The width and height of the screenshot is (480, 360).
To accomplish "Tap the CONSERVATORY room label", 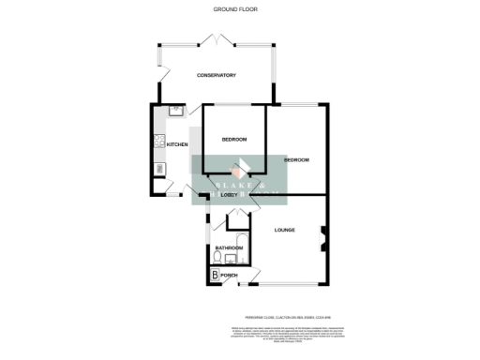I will coord(216,75).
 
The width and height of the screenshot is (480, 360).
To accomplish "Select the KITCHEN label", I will coord(178,144).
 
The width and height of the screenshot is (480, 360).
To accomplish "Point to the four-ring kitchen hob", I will coord(158,143).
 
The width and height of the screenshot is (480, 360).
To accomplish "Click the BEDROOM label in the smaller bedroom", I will coord(234,140).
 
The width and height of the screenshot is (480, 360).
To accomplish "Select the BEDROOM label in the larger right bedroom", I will coord(296,160).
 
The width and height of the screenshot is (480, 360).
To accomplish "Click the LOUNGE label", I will coord(285,230).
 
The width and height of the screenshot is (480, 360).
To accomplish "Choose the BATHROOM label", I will coord(230,247).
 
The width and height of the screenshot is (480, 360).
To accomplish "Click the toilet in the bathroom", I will coord(218,256).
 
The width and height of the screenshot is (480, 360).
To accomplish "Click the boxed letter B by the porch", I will coord(215,275).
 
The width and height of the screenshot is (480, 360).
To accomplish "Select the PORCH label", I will coord(229,275).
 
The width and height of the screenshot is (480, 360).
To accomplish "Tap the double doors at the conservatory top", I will coord(217,38).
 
